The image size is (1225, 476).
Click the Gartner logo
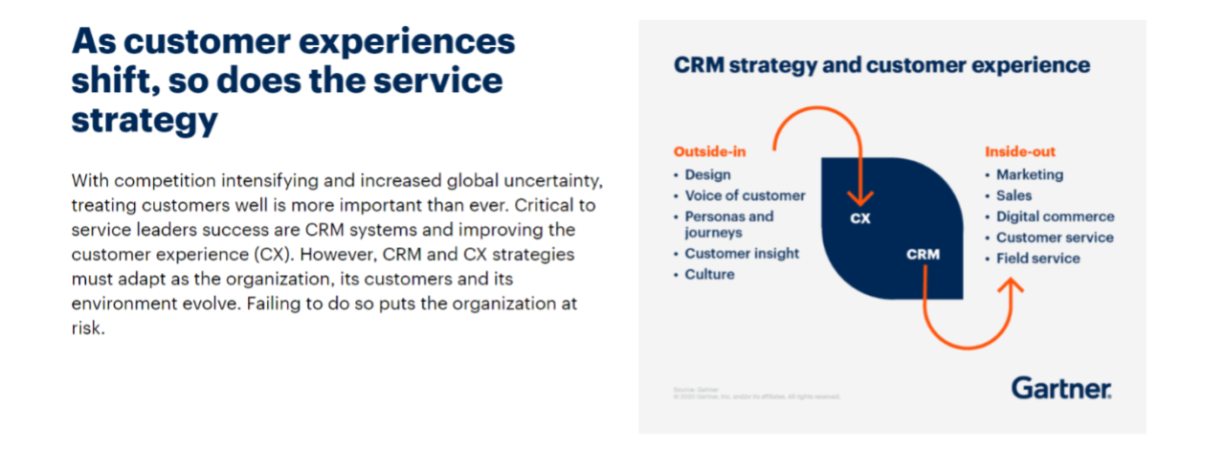click(1061, 388)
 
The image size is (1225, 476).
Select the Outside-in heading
click(709, 151)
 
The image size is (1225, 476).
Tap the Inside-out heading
click(1020, 151)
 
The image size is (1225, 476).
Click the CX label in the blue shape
click(860, 217)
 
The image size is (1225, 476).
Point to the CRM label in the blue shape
click(924, 254)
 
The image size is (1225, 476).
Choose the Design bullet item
click(707, 174)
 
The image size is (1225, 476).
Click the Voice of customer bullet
click(745, 195)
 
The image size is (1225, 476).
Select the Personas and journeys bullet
click(728, 224)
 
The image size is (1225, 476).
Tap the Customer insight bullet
click(742, 254)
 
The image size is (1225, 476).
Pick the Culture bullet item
click(709, 275)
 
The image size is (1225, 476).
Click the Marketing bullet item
click(1029, 174)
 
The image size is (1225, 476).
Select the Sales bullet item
click(1013, 195)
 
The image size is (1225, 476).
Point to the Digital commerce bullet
click(1055, 216)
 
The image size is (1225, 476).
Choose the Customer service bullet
click(1055, 238)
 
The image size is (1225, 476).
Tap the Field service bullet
click(1037, 259)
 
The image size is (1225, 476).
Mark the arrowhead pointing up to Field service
click(1012, 284)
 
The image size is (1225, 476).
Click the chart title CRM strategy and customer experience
click(881, 65)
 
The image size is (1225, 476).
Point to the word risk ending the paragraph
click(86, 328)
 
